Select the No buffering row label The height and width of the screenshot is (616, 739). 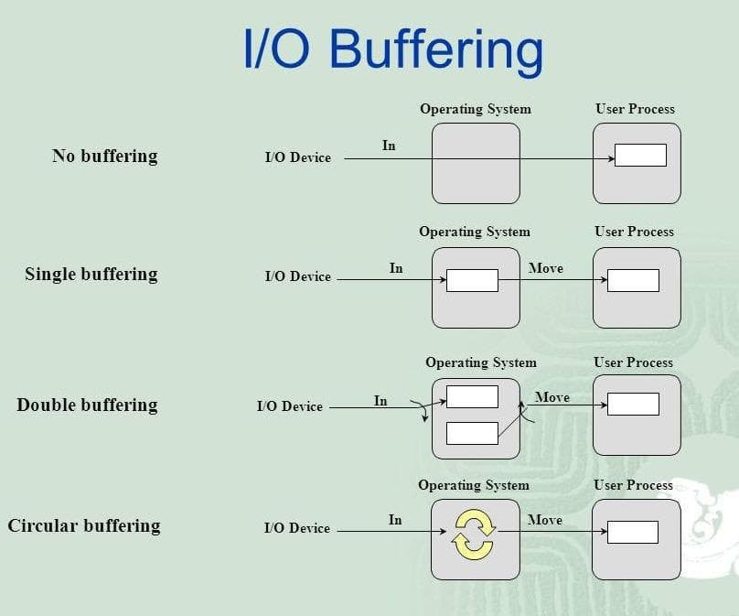(x=104, y=156)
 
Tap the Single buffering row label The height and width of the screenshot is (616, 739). (x=91, y=274)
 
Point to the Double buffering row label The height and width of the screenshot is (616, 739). (x=87, y=405)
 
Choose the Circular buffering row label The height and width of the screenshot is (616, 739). (x=83, y=525)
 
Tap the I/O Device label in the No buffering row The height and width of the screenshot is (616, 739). (x=297, y=157)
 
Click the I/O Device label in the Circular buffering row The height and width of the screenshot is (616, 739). (x=296, y=528)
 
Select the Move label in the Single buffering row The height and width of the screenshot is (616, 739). (x=546, y=268)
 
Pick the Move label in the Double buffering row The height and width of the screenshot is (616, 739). (x=552, y=397)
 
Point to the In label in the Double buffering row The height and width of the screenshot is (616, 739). (x=380, y=401)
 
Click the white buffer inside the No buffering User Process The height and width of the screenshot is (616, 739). (x=640, y=156)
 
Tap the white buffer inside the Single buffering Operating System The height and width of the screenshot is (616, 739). (x=472, y=280)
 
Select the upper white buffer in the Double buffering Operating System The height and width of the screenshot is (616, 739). (x=472, y=396)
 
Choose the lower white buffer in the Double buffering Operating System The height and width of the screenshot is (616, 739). (x=472, y=433)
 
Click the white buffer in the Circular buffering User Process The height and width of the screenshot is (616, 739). (x=633, y=532)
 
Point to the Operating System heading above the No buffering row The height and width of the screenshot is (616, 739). (x=476, y=109)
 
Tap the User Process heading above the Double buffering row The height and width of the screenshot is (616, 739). (x=633, y=362)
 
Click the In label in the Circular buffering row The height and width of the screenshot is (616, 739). (x=395, y=520)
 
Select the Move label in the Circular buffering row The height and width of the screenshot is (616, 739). (x=545, y=520)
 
